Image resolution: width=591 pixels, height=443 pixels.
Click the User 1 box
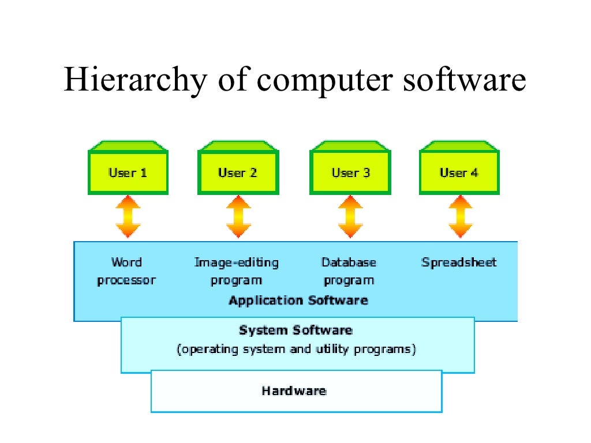[128, 172]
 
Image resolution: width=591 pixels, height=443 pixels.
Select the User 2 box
[238, 172]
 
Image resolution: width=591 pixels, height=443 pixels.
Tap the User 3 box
[350, 172]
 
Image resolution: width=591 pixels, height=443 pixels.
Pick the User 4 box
[459, 172]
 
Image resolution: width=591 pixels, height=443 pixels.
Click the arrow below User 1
[128, 217]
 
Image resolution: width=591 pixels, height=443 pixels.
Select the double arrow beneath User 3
[350, 217]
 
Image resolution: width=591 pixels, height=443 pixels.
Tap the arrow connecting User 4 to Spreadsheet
[460, 217]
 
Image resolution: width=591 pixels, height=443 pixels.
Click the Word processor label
[126, 272]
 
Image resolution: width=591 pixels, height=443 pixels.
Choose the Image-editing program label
[236, 272]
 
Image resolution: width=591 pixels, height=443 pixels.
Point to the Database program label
[349, 272]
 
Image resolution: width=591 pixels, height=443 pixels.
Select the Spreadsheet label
[459, 263]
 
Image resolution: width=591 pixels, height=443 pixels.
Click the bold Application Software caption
[298, 301]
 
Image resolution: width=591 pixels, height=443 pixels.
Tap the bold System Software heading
[295, 331]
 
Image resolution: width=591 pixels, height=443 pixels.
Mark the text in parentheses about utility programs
[296, 350]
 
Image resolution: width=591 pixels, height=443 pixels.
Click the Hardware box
[296, 391]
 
